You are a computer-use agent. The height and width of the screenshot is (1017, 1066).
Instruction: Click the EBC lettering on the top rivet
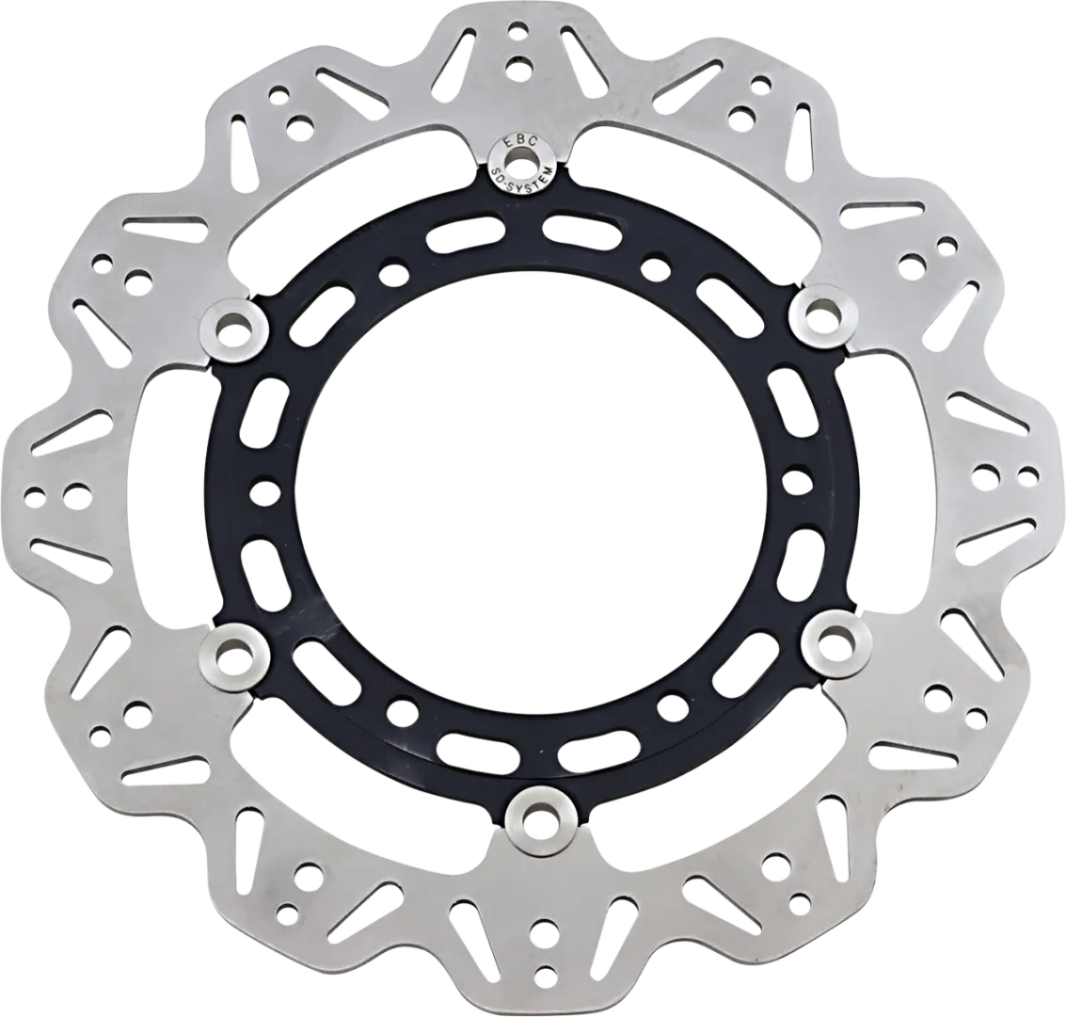tap(522, 143)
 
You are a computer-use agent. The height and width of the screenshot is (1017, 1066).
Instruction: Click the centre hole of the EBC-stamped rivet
tap(522, 164)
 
